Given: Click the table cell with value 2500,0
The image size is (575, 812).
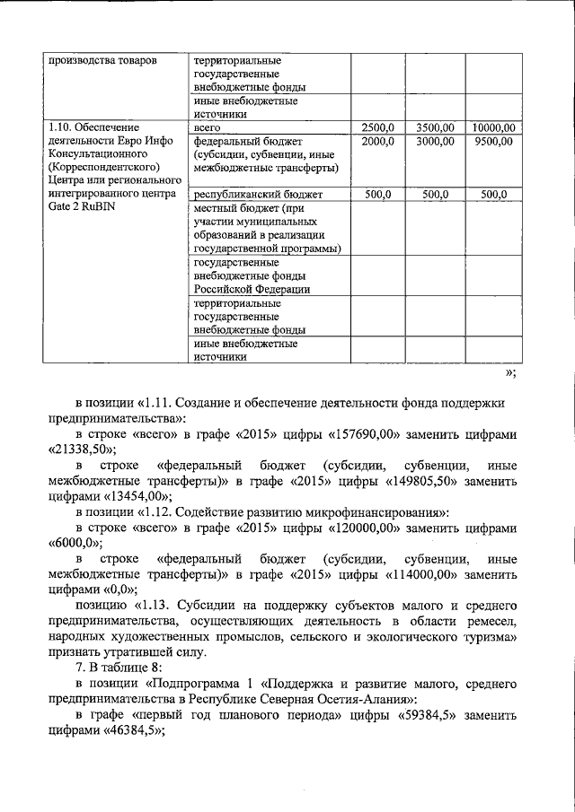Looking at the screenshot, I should point(377,127).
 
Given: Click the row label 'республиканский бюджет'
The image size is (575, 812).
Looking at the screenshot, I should point(246,195).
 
